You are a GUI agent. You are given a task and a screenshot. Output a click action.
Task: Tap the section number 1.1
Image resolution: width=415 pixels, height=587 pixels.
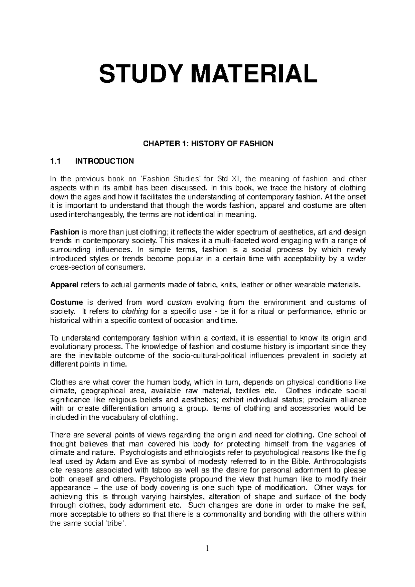click(x=55, y=161)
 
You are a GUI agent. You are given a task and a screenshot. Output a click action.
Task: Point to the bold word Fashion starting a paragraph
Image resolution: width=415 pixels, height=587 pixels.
click(x=65, y=232)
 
